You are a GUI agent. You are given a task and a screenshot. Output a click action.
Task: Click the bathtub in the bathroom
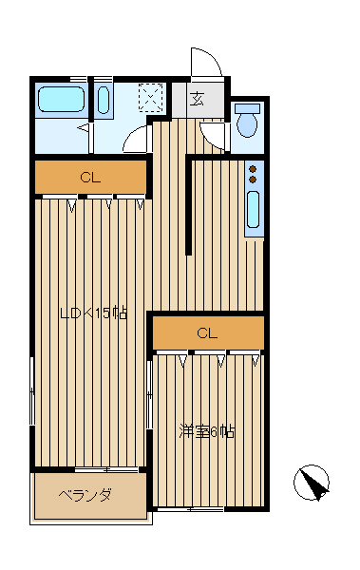(62, 99)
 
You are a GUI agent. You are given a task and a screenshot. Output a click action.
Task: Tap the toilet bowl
(247, 124)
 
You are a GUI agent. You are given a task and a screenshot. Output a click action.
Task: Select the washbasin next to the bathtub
(104, 100)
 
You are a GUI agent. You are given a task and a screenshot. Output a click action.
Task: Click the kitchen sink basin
(253, 210)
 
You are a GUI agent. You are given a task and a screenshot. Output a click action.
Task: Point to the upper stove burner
(253, 169)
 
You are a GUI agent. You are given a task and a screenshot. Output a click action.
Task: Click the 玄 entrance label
(197, 99)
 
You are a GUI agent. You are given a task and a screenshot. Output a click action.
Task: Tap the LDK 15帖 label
(93, 313)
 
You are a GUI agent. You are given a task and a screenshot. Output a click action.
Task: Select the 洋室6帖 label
(206, 431)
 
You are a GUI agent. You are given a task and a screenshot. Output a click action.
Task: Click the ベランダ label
(85, 495)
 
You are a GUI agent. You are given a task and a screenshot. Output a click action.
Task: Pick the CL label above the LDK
(90, 179)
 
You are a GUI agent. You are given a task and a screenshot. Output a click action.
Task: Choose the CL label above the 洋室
(207, 333)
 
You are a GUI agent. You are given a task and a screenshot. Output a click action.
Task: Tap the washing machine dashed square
(150, 94)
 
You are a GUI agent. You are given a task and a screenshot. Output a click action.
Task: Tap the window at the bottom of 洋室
(191, 509)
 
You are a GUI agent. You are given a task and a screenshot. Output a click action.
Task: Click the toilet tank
(247, 108)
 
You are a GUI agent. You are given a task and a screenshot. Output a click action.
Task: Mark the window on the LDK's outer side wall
(32, 391)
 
